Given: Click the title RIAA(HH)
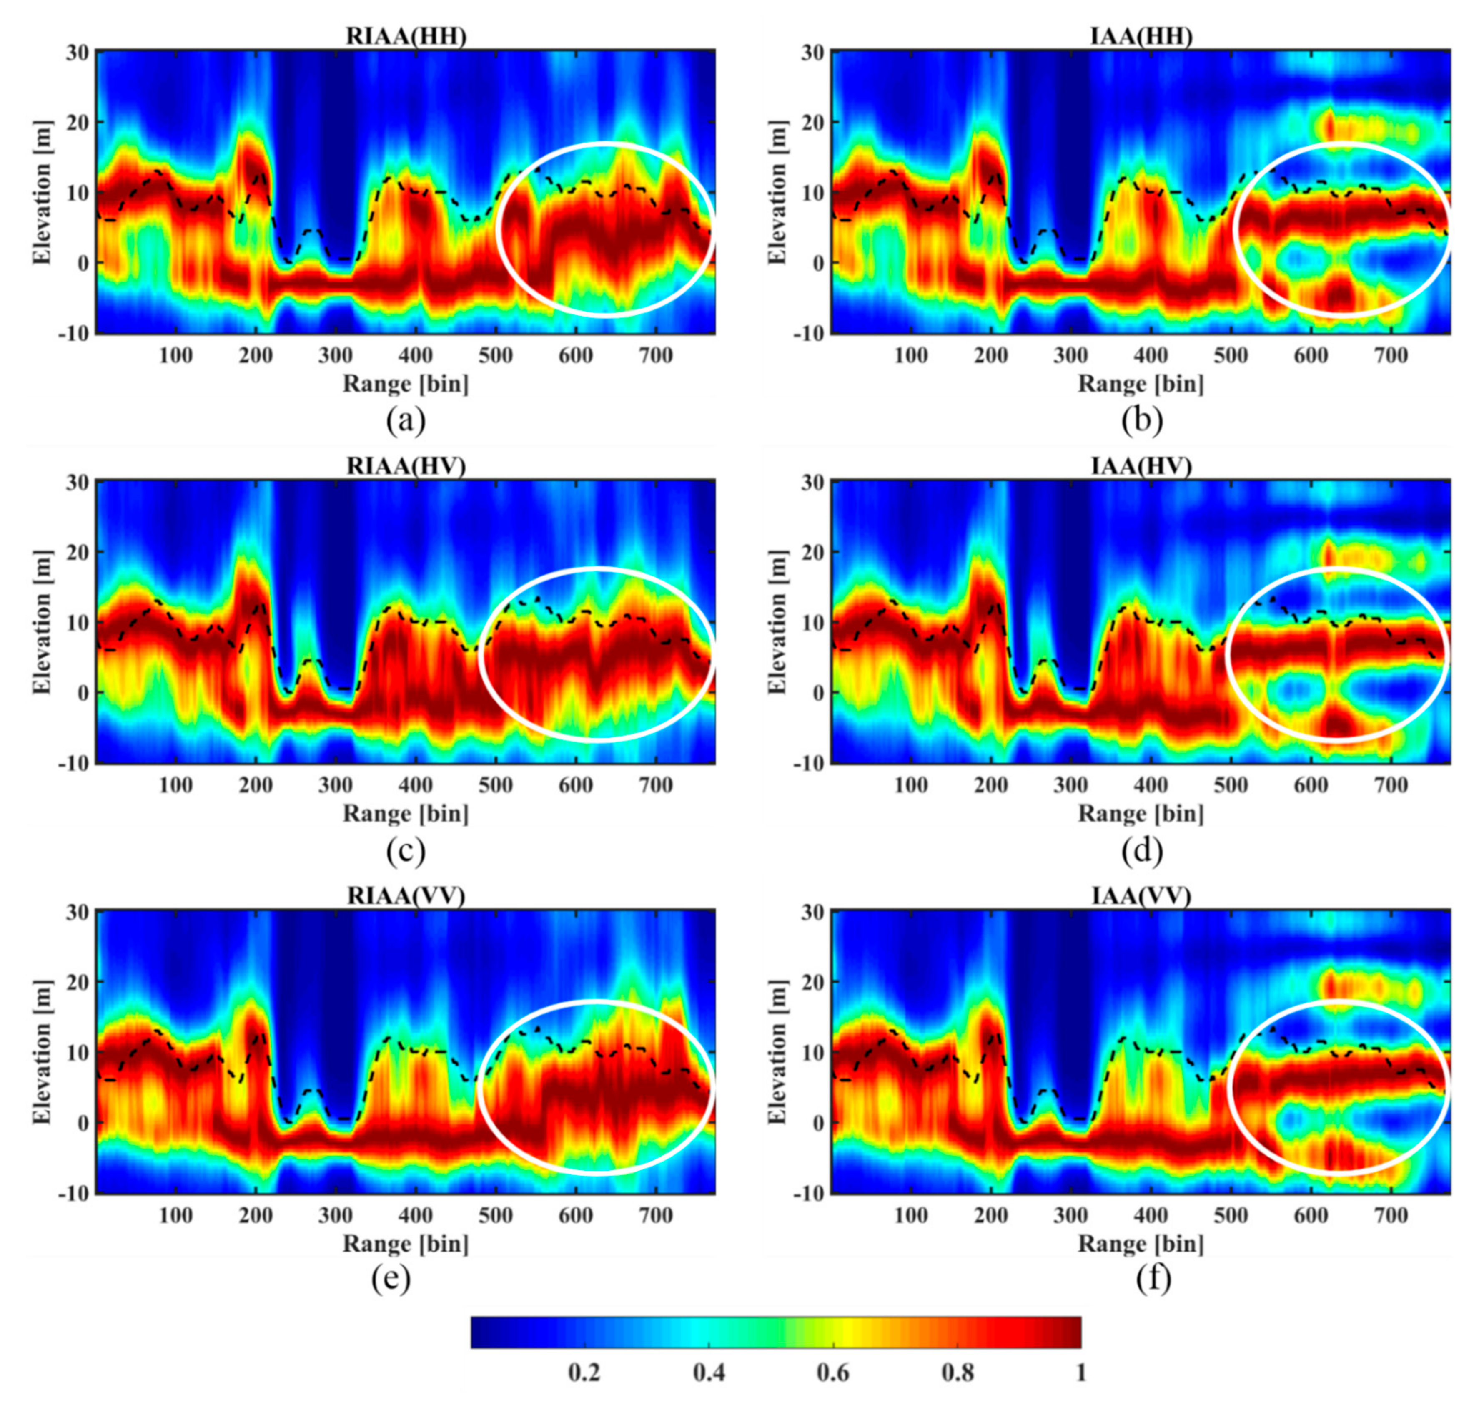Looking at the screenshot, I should point(406,36).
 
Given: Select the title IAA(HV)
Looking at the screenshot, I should point(1141,466).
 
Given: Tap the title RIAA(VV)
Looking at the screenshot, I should point(406,896).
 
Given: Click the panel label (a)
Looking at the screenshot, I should point(406,422).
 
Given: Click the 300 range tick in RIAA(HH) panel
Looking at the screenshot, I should point(336,355).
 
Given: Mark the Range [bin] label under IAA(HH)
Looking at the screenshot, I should point(1141,384).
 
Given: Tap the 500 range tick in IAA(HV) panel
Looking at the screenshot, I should point(1231,785).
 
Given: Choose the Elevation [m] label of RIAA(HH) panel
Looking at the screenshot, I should point(43,192).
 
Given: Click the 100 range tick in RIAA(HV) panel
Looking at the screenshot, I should point(175,785).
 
